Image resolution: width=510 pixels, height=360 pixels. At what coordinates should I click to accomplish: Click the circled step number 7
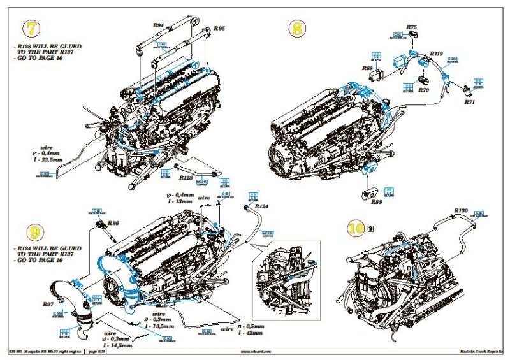pyautogui.click(x=31, y=29)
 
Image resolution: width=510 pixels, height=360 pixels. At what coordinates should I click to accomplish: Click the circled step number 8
pyautogui.click(x=296, y=29)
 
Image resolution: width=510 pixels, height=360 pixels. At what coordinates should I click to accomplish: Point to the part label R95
pyautogui.click(x=219, y=29)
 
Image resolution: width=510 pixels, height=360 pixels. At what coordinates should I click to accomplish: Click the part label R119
pyautogui.click(x=437, y=54)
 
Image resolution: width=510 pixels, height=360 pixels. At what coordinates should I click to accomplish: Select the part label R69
pyautogui.click(x=367, y=68)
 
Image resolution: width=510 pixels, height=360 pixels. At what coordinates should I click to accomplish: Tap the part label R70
pyautogui.click(x=424, y=91)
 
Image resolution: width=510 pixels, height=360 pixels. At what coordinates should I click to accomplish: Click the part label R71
pyautogui.click(x=469, y=101)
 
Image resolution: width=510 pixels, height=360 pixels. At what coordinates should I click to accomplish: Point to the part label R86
pyautogui.click(x=113, y=223)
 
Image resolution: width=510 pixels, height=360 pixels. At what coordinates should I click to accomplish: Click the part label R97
pyautogui.click(x=48, y=305)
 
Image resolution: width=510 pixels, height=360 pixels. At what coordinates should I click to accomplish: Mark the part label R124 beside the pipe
pyautogui.click(x=261, y=206)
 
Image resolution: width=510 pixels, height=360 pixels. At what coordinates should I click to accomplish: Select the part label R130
pyautogui.click(x=461, y=210)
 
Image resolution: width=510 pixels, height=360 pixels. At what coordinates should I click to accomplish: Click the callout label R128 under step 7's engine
pyautogui.click(x=186, y=178)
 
